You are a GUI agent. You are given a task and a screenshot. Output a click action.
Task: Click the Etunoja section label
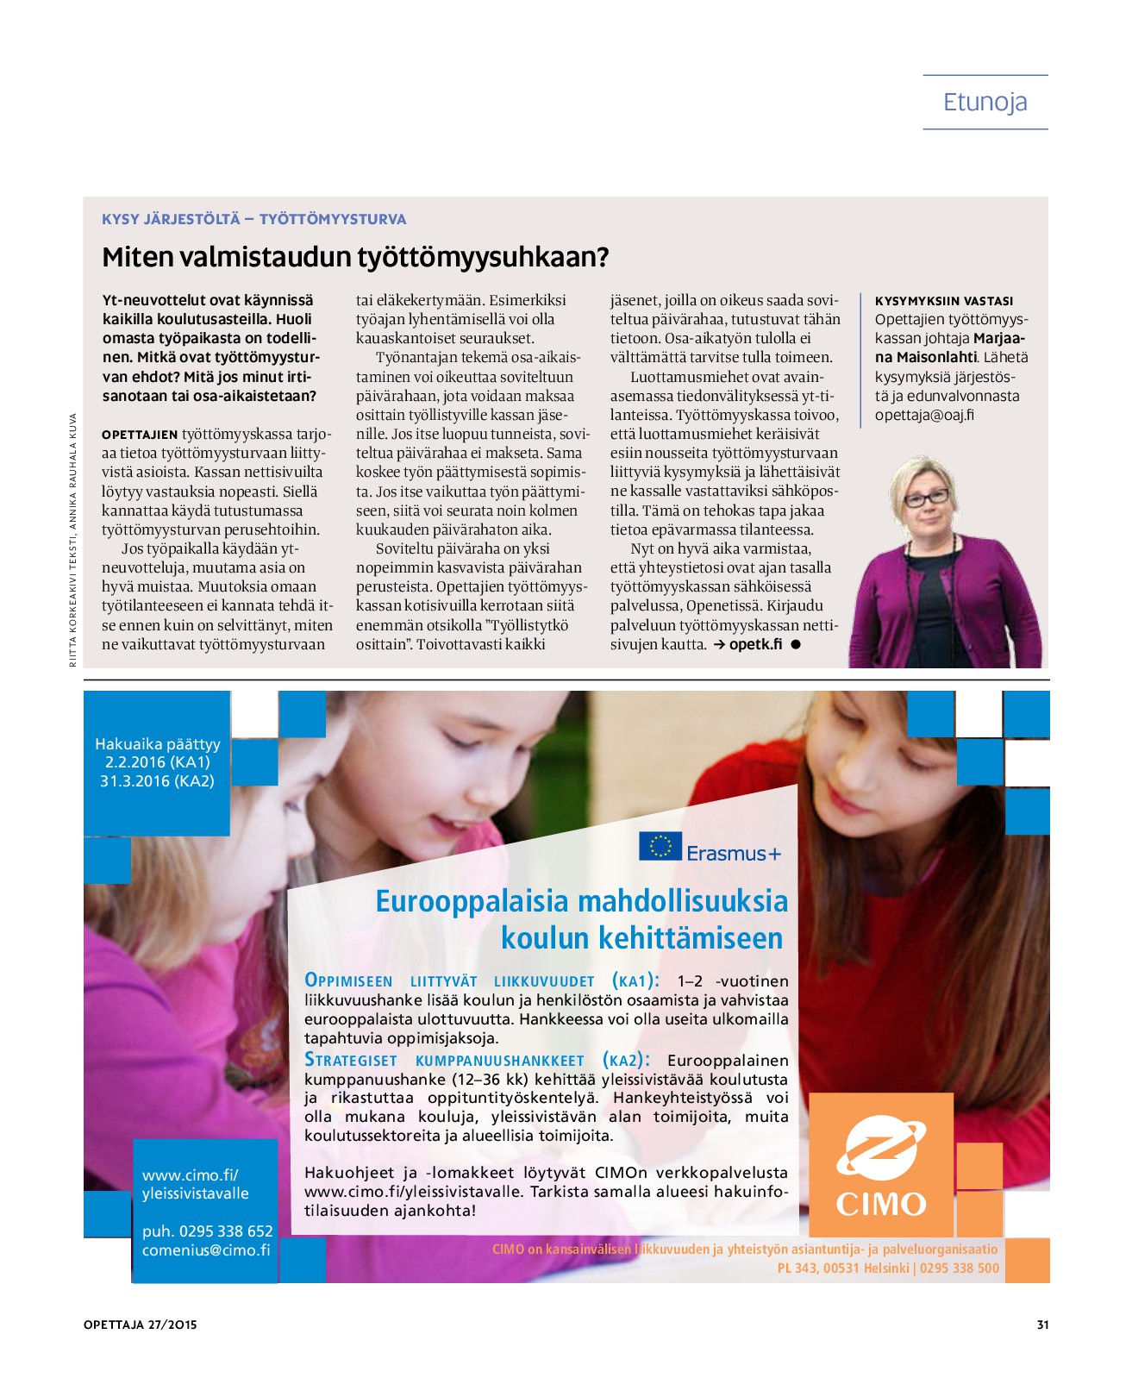point(985,103)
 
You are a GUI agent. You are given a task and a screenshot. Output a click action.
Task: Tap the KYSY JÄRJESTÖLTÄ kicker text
point(171,219)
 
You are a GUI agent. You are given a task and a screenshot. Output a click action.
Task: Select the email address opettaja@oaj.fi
point(924,415)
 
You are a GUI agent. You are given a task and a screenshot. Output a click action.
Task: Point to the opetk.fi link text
point(755,644)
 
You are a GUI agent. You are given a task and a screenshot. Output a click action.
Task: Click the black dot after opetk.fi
point(796,644)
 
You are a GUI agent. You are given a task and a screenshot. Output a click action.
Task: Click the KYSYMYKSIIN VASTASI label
point(944,301)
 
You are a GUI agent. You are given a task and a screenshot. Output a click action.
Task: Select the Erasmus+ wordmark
point(734,854)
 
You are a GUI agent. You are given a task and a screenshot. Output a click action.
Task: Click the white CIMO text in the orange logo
point(881,1203)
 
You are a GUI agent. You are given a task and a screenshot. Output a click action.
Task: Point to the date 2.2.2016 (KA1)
point(157,762)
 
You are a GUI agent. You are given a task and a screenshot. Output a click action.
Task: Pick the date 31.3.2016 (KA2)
point(157,781)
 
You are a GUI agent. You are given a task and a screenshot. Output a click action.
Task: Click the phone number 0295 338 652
point(226,1231)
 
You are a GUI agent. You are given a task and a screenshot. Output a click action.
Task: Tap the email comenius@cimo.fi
point(206,1250)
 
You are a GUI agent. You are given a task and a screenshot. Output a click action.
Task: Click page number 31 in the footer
point(1042,1325)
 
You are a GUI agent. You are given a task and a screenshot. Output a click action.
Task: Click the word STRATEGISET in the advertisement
point(351,1061)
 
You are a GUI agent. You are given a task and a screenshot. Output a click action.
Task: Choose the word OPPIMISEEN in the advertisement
point(348,981)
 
